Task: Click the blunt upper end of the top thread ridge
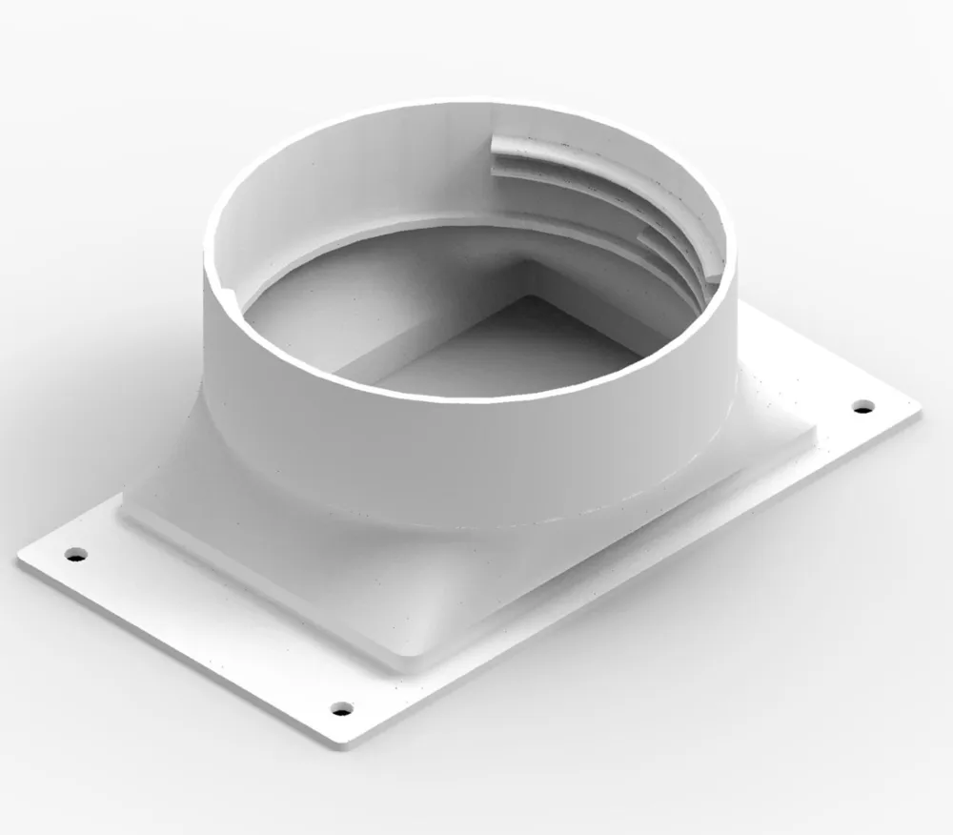tap(494, 146)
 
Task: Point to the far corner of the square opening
tap(527, 296)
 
